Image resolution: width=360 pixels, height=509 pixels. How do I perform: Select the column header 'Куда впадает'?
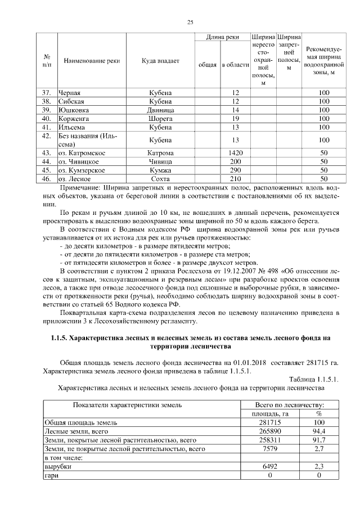[x=160, y=61]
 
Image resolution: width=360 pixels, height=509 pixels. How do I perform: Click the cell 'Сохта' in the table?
[x=160, y=178]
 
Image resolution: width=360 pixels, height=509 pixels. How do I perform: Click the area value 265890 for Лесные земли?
[x=269, y=430]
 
